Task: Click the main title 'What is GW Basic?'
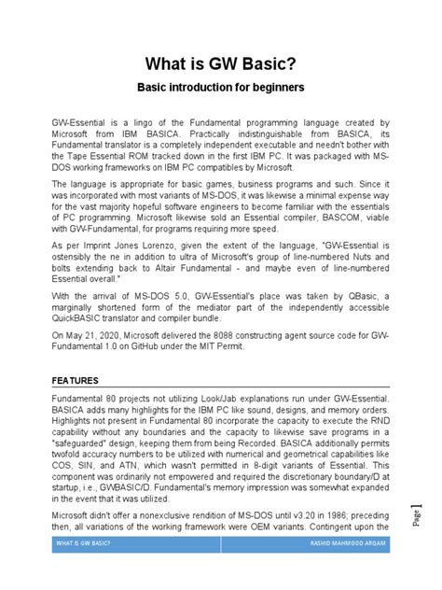pyautogui.click(x=220, y=64)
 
